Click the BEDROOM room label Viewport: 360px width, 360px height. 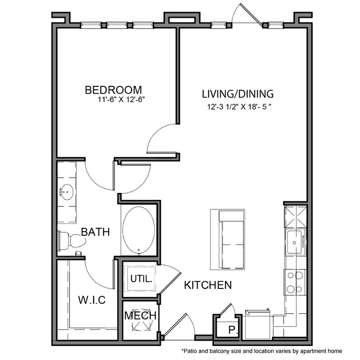(x=113, y=90)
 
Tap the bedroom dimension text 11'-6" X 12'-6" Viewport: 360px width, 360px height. (x=120, y=101)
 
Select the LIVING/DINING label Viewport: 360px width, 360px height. (x=238, y=94)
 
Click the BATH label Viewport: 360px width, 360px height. (x=95, y=232)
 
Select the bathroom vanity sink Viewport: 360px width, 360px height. (x=66, y=192)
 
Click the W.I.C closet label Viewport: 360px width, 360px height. (x=92, y=300)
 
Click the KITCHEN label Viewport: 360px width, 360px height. (x=208, y=285)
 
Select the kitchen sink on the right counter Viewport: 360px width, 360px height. (x=295, y=242)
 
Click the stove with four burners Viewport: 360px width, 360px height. (x=295, y=282)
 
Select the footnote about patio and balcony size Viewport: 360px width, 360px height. (x=262, y=351)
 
